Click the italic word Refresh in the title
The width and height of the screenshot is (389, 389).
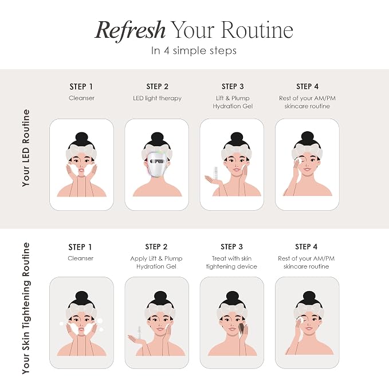pos(130,30)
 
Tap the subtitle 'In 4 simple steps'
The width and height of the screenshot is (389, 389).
pos(194,51)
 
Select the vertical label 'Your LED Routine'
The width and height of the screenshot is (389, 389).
pos(26,148)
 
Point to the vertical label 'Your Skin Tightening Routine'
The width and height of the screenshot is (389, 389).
pos(26,308)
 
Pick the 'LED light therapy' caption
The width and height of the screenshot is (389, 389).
pos(158,98)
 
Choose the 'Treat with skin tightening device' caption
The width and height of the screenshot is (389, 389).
pos(231,262)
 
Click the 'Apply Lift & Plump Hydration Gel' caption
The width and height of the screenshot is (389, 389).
pos(156,262)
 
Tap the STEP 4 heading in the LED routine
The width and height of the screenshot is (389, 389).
pos(307,87)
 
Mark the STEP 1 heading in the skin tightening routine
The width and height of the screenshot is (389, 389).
pos(80,247)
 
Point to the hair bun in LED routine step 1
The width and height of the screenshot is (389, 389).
pos(81,138)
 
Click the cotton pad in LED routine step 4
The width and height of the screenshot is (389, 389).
pos(300,160)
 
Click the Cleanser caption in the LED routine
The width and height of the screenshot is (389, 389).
pos(81,98)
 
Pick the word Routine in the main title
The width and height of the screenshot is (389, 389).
pos(257,30)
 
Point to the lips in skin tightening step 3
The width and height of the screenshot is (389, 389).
pos(233,329)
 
